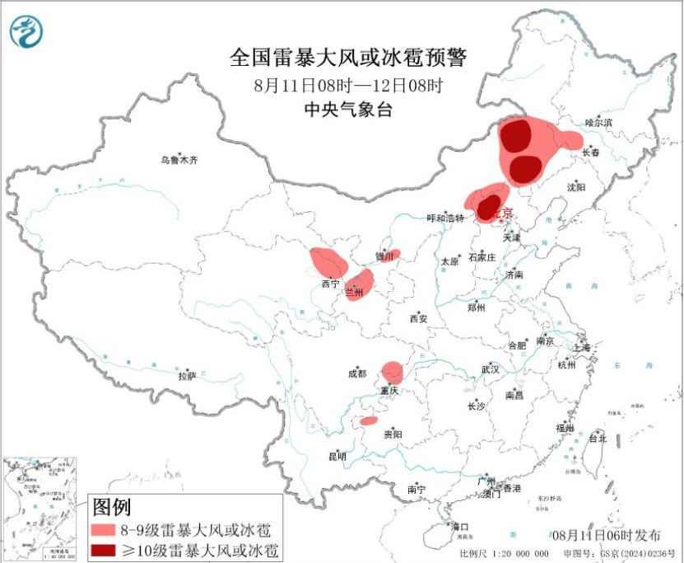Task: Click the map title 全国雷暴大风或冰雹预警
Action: coord(348,59)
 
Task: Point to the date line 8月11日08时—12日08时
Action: coord(348,85)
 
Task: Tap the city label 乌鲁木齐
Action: coord(179,160)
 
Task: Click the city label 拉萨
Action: coord(187,376)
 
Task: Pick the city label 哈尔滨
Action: coord(598,122)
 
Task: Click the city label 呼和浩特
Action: coord(445,218)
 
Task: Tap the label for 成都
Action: coord(357,374)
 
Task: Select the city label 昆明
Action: coord(337,456)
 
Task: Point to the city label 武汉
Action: coord(491,368)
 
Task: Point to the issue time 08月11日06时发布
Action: coord(607,535)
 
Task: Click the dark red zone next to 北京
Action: coord(489,206)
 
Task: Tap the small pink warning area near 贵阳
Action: coord(368,422)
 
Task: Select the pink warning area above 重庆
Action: coord(393,372)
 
